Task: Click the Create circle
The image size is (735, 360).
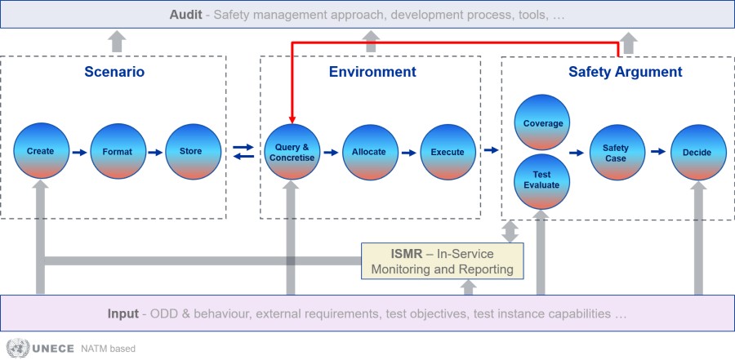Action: tap(42, 151)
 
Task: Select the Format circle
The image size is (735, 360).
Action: tap(118, 151)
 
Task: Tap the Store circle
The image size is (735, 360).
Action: tap(193, 151)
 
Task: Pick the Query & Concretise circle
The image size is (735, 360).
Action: tap(292, 152)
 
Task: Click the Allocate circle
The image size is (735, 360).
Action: tap(370, 152)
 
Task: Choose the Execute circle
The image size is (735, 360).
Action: tap(448, 152)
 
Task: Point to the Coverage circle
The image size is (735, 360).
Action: tap(542, 122)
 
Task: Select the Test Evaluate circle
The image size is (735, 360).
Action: tap(542, 181)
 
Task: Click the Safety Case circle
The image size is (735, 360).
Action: tap(617, 153)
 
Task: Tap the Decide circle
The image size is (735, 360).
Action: tap(698, 153)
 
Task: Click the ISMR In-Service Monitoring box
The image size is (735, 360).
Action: tap(442, 261)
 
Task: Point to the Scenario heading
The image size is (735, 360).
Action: tap(114, 72)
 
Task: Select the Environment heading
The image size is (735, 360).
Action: tap(372, 72)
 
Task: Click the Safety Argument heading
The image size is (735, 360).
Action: tap(626, 72)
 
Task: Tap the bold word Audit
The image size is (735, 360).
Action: tap(185, 15)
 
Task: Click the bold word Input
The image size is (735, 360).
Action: tap(122, 313)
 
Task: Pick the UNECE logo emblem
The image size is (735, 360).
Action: tap(17, 349)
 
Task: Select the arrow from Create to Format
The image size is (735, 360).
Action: tap(80, 153)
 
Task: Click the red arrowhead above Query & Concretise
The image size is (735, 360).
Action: tap(292, 119)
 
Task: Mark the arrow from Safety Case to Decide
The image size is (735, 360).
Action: tap(658, 151)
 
